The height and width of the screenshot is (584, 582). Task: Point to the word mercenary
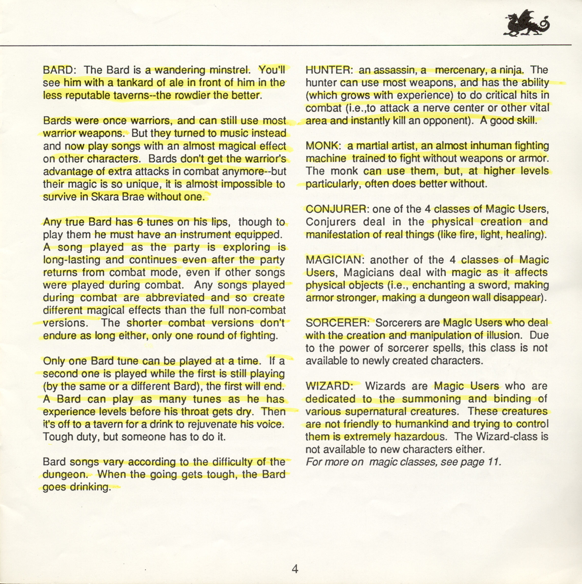pyautogui.click(x=461, y=70)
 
